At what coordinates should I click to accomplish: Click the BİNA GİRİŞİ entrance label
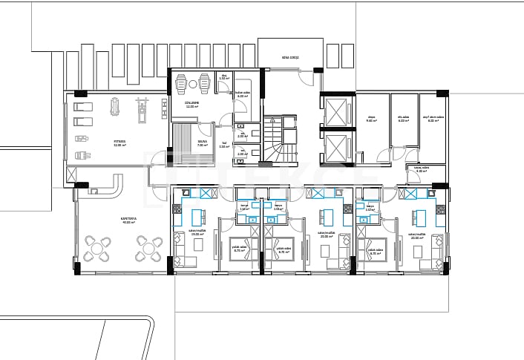290,56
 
